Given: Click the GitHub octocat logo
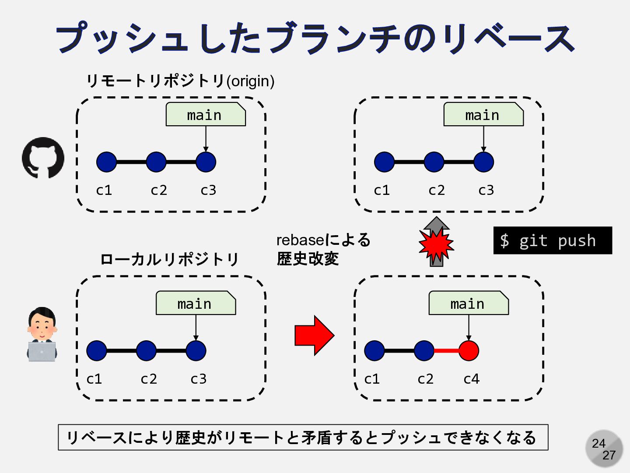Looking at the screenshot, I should click(43, 158).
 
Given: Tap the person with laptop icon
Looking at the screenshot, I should click(42, 334).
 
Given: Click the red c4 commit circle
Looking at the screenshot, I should click(469, 351).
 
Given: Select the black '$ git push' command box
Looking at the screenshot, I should click(553, 240).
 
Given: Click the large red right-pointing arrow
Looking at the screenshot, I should click(314, 335).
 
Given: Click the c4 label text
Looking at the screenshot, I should click(471, 379).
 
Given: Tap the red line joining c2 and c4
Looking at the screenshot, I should click(446, 351).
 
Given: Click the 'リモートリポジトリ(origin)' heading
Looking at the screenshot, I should click(180, 81).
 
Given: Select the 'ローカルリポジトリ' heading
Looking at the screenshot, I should click(169, 259).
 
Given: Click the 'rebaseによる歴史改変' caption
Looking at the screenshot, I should click(323, 249).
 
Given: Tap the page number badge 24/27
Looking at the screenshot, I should click(604, 448).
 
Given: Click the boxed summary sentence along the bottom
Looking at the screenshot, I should click(303, 437).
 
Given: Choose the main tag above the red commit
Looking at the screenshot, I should click(468, 303).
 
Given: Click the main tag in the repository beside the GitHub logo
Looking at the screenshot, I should click(205, 115).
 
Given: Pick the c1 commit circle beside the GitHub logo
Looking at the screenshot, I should click(106, 162).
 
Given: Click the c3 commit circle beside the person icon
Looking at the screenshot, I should click(196, 351).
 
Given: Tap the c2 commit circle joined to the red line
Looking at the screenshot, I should click(423, 351).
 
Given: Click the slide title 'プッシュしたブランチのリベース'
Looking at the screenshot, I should click(315, 39).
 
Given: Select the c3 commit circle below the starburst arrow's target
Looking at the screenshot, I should click(483, 162).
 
